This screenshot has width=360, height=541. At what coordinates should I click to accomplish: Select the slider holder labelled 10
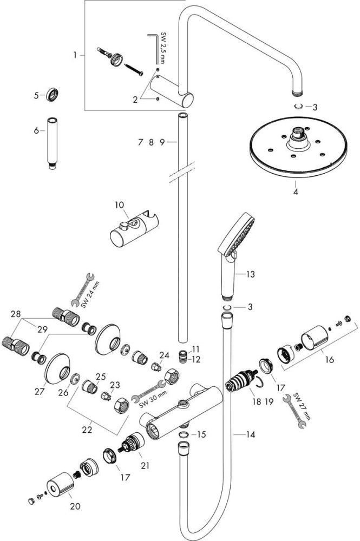[x=134, y=230]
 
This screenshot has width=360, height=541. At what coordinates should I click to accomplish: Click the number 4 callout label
[x=296, y=192]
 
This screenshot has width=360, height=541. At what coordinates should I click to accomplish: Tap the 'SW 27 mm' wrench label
[x=302, y=406]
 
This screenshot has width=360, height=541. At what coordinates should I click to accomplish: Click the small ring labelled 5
[x=52, y=94]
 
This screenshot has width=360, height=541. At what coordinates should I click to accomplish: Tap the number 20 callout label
[x=75, y=506]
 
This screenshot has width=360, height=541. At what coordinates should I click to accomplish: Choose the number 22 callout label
[x=87, y=430]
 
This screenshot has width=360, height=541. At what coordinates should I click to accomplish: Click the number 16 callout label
[x=329, y=360]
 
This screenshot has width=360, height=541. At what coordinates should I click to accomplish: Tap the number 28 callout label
[x=16, y=314]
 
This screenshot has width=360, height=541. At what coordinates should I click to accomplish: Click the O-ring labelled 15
[x=184, y=434]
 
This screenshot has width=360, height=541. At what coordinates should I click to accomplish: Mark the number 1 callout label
[x=75, y=55]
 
